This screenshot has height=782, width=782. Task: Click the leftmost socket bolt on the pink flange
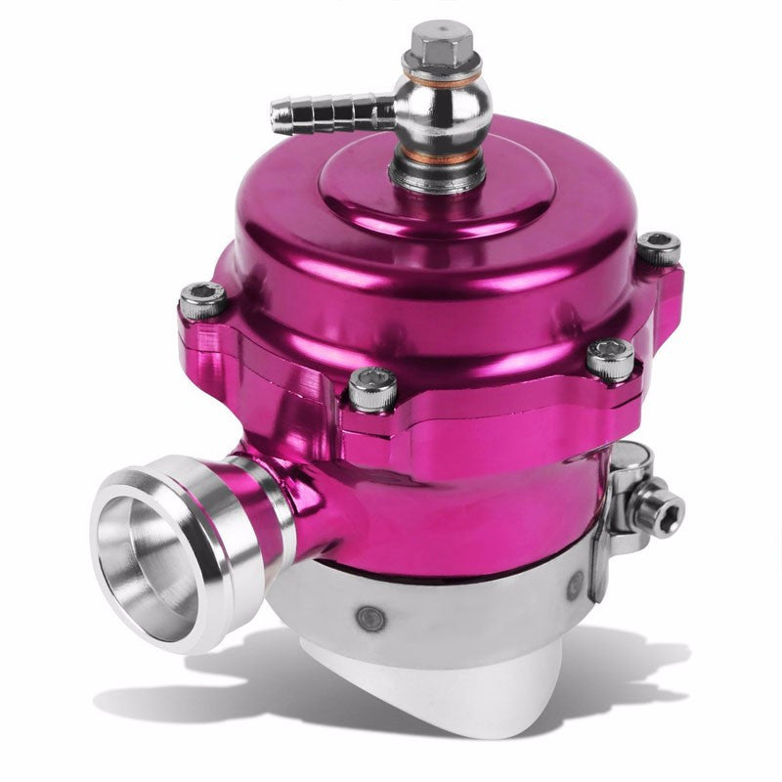(203, 299)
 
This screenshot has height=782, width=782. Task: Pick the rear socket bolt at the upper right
(658, 248)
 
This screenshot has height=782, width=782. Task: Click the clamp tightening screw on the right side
(665, 506)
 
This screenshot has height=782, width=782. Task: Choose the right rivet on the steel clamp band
(575, 586)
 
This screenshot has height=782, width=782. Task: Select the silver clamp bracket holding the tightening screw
(626, 489)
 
